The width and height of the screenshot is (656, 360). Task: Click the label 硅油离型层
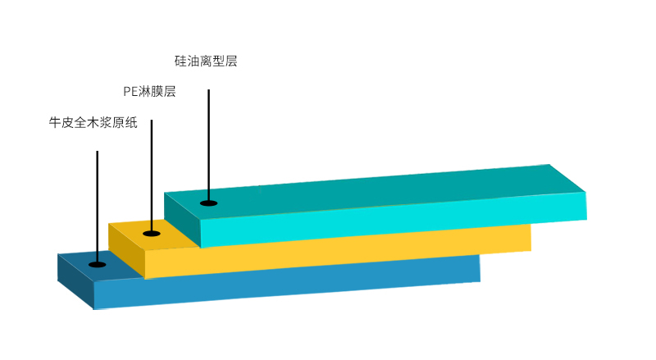(206, 62)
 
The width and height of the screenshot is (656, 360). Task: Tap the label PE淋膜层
(149, 91)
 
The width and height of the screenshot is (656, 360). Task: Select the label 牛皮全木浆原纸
(93, 122)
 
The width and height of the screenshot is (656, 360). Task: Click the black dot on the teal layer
(209, 203)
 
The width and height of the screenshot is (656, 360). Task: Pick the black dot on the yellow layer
(152, 234)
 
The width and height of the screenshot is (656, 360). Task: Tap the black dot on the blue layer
(97, 265)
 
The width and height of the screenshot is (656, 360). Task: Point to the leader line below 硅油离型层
(209, 146)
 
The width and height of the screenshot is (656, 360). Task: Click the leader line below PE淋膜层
(152, 176)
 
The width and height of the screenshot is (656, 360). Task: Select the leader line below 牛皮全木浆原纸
(97, 207)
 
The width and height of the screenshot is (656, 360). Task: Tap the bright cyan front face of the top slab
(394, 220)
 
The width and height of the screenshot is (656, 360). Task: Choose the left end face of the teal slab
(182, 221)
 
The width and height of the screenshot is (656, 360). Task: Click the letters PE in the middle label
(130, 92)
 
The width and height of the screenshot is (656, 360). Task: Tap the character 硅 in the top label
(180, 62)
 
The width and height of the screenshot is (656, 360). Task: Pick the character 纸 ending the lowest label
(131, 122)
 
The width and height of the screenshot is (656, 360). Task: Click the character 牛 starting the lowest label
(55, 122)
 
